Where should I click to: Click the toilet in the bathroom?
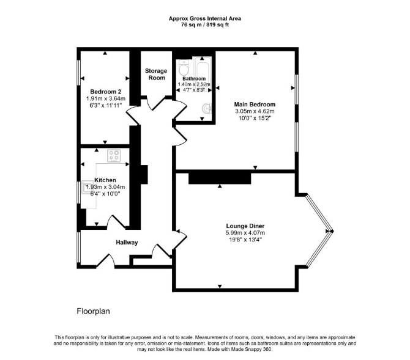click(x=184, y=68)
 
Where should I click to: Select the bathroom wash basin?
click(x=207, y=109)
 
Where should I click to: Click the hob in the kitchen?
click(x=114, y=156)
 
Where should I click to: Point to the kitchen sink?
click(x=86, y=187)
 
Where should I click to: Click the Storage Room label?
click(x=156, y=74)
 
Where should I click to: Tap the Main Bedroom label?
click(x=255, y=105)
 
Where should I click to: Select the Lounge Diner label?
click(x=245, y=226)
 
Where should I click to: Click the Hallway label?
click(x=127, y=243)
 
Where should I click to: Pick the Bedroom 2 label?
click(x=106, y=92)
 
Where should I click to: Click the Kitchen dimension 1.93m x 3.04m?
click(x=105, y=187)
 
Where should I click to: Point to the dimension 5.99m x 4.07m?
click(x=245, y=233)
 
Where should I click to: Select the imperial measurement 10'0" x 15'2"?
click(x=255, y=118)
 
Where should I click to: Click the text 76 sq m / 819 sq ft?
click(x=205, y=25)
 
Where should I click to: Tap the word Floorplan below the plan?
click(x=94, y=311)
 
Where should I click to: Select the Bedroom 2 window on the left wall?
click(x=79, y=73)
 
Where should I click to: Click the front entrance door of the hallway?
click(x=106, y=261)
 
